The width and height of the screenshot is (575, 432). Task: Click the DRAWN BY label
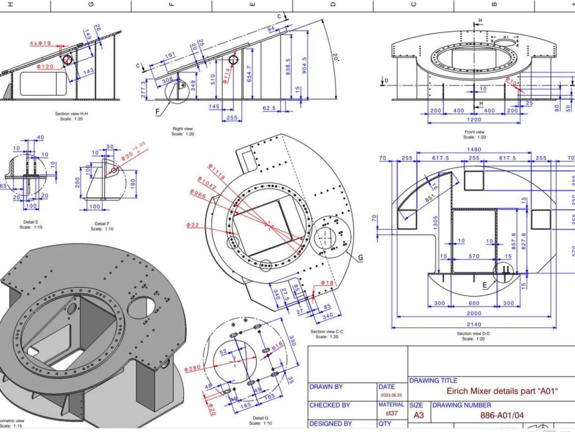pyautogui.click(x=325, y=387)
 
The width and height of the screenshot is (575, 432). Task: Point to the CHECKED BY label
pyautogui.click(x=329, y=405)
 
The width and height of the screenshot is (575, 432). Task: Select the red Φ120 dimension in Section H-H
pyautogui.click(x=45, y=67)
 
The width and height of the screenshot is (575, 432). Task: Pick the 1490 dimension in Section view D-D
pyautogui.click(x=473, y=149)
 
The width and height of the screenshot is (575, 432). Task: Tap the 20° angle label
pyautogui.click(x=336, y=58)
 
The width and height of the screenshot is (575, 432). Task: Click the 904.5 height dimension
pyautogui.click(x=304, y=62)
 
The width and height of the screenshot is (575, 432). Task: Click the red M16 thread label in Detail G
pyautogui.click(x=278, y=346)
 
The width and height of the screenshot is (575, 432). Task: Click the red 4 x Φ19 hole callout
pyautogui.click(x=40, y=43)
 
